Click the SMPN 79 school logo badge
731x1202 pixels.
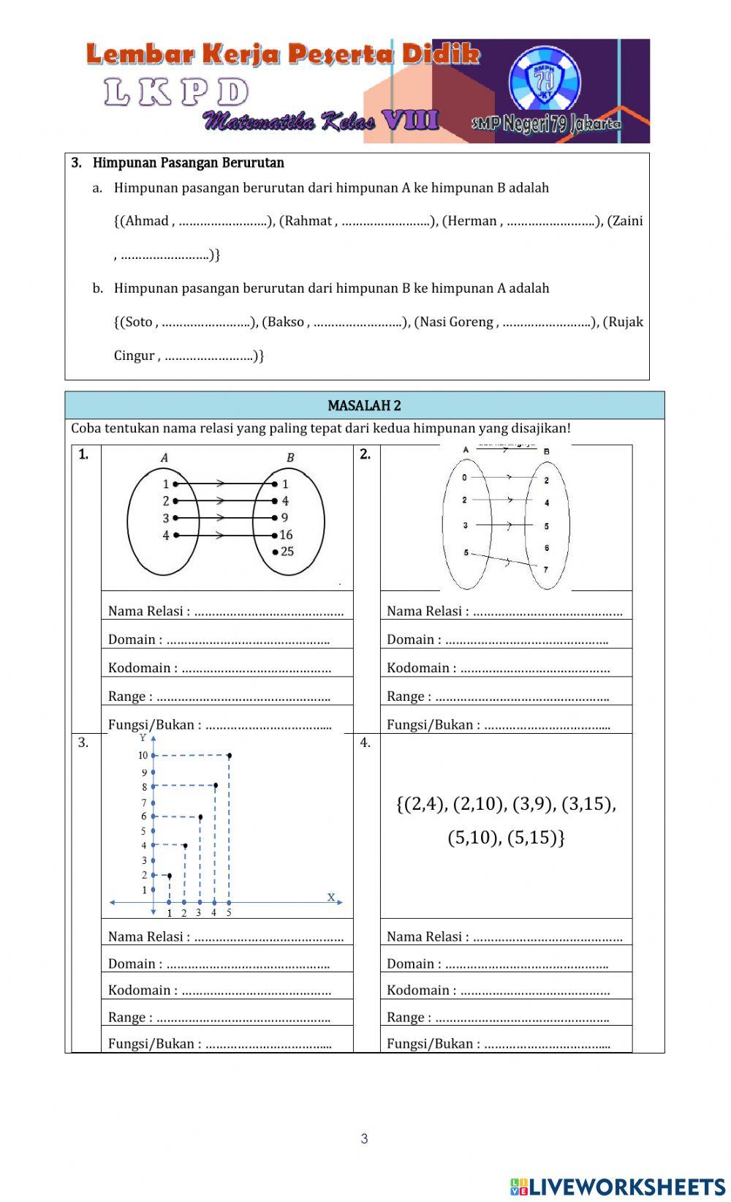545,81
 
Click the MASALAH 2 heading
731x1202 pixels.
364,405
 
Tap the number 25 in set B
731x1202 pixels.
287,552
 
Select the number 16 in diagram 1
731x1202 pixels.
286,535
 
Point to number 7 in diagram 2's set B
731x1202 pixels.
546,568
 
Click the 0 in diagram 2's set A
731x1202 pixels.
465,477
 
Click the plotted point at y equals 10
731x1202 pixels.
230,755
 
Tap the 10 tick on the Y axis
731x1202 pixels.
143,756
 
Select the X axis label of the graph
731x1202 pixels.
331,896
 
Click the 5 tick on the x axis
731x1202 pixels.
229,912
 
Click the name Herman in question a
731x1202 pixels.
470,221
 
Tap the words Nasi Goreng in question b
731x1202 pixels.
453,322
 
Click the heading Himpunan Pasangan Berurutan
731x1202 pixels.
188,163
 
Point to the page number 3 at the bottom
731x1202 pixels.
364,1138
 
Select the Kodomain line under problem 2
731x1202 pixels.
498,667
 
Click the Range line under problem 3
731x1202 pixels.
219,1017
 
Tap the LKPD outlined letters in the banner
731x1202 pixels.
176,93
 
